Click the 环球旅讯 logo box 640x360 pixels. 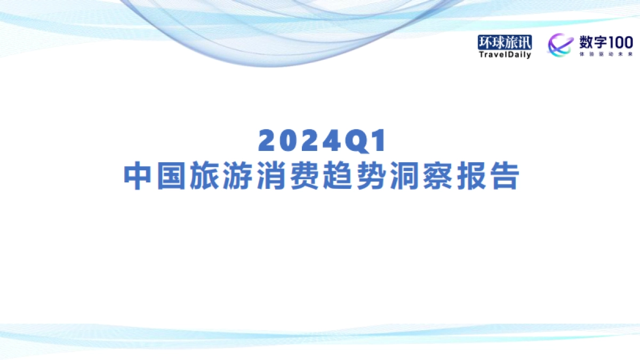click(x=505, y=42)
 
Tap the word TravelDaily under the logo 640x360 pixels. click(x=505, y=54)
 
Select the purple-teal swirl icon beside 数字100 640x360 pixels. click(x=560, y=45)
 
